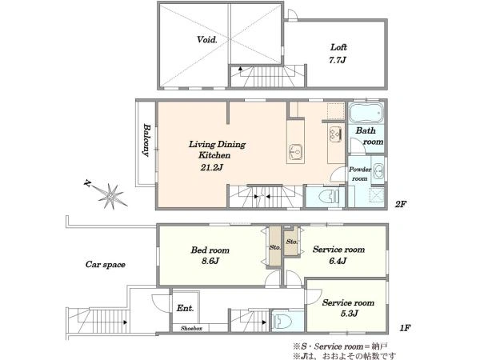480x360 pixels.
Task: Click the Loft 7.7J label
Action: click(x=338, y=54)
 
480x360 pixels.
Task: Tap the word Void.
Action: click(x=207, y=39)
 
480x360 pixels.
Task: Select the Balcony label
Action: click(x=147, y=140)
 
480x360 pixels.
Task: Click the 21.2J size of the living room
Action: click(x=211, y=167)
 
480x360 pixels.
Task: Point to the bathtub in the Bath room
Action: click(x=366, y=113)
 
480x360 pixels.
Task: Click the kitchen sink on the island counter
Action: click(x=296, y=152)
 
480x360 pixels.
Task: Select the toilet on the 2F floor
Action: click(x=328, y=196)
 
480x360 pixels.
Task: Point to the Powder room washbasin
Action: click(x=379, y=170)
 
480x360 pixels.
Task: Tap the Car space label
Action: click(x=106, y=265)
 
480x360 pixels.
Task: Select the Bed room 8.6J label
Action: click(x=210, y=255)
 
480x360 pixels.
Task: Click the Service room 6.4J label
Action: click(x=338, y=254)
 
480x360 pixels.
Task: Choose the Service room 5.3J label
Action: click(x=348, y=308)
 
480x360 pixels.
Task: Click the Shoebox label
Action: click(x=191, y=328)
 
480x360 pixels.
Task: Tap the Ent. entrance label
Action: click(x=186, y=308)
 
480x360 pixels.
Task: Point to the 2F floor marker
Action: click(x=401, y=204)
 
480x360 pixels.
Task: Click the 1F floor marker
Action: click(x=405, y=328)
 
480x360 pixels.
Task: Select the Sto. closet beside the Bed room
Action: click(x=275, y=246)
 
